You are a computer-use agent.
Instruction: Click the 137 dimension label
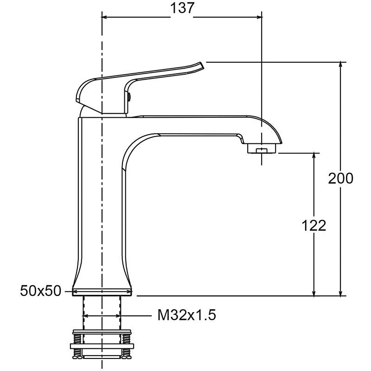(182, 8)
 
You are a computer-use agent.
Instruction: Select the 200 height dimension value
(340, 179)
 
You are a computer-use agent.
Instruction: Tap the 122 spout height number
(314, 225)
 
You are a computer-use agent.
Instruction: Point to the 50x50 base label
(40, 291)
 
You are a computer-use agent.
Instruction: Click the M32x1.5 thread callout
(187, 315)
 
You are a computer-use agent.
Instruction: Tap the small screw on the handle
(129, 96)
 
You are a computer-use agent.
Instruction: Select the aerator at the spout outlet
(262, 148)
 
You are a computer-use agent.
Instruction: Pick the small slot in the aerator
(262, 150)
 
